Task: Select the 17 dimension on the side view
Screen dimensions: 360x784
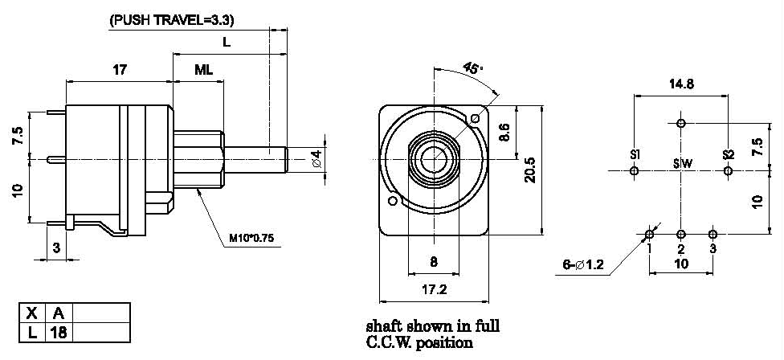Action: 119,70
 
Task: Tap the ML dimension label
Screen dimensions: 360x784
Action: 204,70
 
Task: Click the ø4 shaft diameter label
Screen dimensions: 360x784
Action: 317,158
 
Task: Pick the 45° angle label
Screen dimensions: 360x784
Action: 474,70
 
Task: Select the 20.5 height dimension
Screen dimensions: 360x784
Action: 531,170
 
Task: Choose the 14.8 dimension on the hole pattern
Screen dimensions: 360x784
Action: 681,83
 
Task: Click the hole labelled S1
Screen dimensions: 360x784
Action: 635,170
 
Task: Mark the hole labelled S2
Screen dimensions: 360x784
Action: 728,170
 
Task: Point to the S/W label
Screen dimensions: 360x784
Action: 682,164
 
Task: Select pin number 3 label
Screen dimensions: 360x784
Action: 713,248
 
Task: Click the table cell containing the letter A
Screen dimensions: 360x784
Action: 58,313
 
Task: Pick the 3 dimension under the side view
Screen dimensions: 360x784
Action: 56,248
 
